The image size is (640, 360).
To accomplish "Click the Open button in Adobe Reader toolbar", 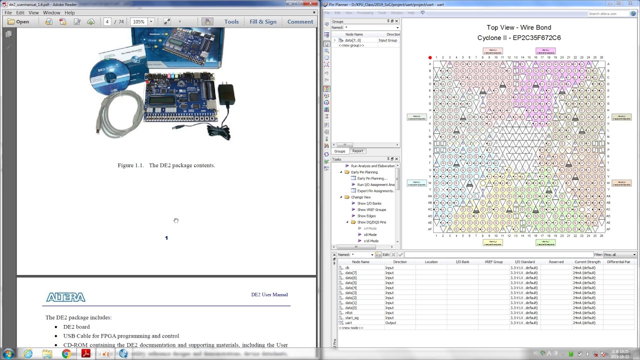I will [x=18, y=21].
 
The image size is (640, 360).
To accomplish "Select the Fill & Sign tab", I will [x=262, y=21].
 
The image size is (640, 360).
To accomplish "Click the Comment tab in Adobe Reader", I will [x=300, y=21].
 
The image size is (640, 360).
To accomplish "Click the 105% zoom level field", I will [x=138, y=21].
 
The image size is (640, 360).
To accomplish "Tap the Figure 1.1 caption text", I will [x=166, y=165].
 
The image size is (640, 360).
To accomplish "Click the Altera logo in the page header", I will [x=65, y=297].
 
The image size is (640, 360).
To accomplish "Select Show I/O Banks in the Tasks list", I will [x=369, y=203].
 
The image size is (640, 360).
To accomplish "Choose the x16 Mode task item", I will [x=371, y=241].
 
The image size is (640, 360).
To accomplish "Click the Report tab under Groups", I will [x=357, y=151].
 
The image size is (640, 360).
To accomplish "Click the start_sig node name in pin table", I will [x=351, y=317].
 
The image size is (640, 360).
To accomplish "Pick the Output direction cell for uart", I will [x=390, y=322].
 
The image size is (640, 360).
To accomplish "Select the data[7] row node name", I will [x=350, y=272].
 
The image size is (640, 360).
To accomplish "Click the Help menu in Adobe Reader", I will [x=69, y=12].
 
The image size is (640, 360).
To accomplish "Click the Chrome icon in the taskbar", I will [x=66, y=354].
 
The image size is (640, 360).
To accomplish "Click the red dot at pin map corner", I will [x=429, y=57].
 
